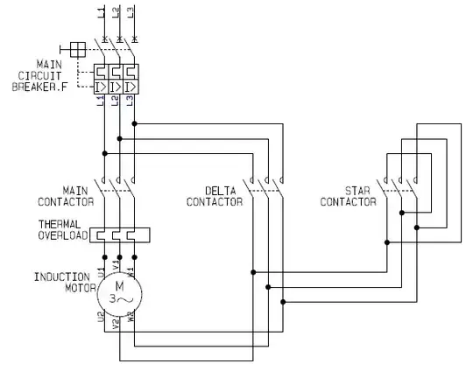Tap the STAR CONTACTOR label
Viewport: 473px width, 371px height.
[349, 195]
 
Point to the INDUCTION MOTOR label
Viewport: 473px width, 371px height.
[62, 282]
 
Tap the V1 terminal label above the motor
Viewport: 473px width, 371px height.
[118, 261]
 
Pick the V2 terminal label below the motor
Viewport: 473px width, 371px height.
[118, 321]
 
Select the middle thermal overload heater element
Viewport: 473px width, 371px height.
[117, 234]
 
